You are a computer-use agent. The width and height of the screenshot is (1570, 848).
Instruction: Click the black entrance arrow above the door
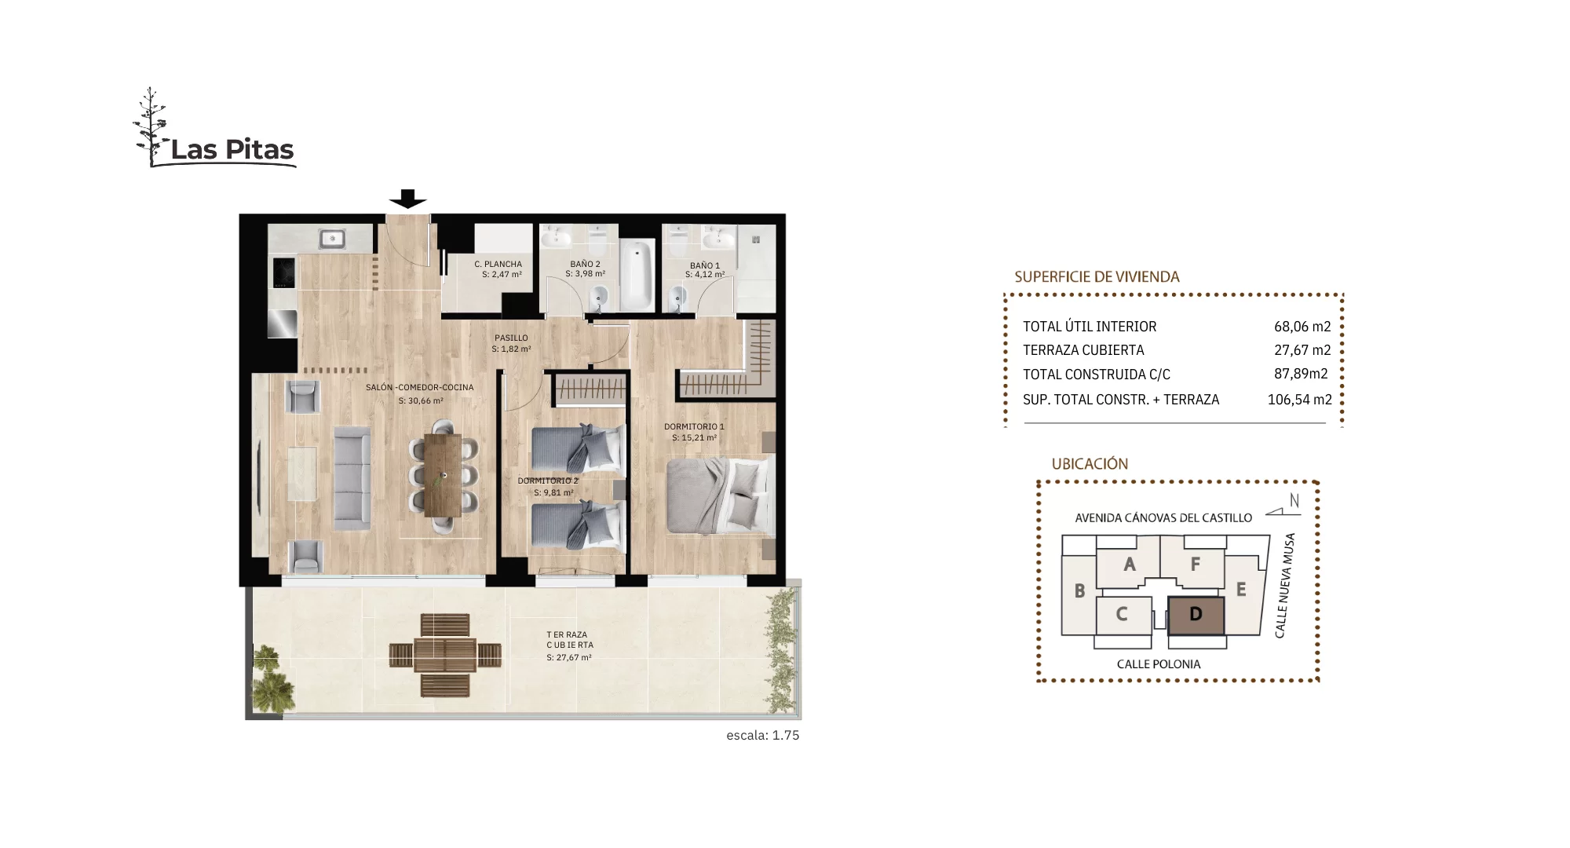(408, 199)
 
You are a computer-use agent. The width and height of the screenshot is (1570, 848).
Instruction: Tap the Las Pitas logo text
(232, 149)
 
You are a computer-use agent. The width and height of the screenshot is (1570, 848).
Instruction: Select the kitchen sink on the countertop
(332, 238)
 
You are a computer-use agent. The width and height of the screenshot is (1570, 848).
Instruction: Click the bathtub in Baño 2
(637, 275)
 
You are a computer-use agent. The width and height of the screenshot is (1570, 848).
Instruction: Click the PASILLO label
(511, 338)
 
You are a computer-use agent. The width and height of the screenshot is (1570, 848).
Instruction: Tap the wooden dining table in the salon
(444, 474)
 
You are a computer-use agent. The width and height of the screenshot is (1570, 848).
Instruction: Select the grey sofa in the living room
(352, 477)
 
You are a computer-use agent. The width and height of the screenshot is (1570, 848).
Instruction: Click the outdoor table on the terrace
(445, 654)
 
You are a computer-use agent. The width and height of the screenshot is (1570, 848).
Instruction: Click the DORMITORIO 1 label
(694, 426)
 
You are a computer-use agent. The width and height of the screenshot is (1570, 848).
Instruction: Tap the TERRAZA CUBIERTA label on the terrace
(569, 639)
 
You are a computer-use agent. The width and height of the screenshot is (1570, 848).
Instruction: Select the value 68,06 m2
(1302, 327)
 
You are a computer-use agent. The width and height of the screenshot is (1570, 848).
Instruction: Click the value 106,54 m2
(1299, 400)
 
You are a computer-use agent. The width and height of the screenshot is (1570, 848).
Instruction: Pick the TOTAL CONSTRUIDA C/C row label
(1096, 375)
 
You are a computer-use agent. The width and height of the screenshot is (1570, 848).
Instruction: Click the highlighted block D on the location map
(1196, 615)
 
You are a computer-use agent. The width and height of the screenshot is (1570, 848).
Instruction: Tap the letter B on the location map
(1079, 590)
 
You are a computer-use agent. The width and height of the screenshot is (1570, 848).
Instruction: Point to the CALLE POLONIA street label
(1159, 664)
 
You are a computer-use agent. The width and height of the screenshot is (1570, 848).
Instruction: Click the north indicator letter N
(1294, 500)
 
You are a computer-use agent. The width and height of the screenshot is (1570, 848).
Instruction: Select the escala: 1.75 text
(762, 736)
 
